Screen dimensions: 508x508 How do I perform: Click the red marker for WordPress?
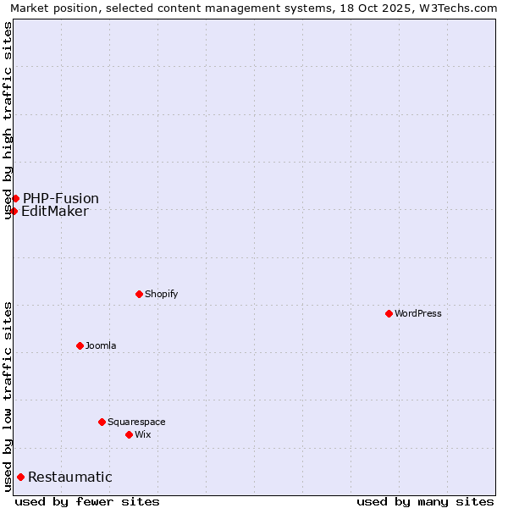click(389, 313)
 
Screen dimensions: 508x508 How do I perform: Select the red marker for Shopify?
click(139, 294)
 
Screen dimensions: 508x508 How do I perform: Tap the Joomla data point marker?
click(80, 345)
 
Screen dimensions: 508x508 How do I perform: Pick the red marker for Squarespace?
click(102, 422)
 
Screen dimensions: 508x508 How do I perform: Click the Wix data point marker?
click(129, 434)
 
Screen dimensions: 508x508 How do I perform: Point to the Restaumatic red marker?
click(20, 477)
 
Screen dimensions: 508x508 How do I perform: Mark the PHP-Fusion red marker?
click(15, 198)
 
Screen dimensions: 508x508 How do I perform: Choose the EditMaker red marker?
click(14, 211)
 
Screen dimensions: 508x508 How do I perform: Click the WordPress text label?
click(418, 313)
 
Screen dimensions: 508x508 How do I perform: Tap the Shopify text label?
click(161, 294)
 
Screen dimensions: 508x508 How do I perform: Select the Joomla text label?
click(101, 345)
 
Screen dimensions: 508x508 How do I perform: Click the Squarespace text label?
click(136, 422)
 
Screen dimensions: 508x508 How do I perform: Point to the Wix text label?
click(142, 434)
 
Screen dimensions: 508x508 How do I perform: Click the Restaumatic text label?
click(70, 477)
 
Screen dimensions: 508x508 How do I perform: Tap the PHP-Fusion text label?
click(61, 198)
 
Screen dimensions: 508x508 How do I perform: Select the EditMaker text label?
click(55, 211)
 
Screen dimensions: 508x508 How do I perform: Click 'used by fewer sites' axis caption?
click(87, 501)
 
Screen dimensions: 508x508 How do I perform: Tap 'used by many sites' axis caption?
click(425, 501)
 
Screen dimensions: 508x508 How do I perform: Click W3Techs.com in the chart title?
click(457, 8)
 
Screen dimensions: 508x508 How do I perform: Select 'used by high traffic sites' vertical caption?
click(8, 120)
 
